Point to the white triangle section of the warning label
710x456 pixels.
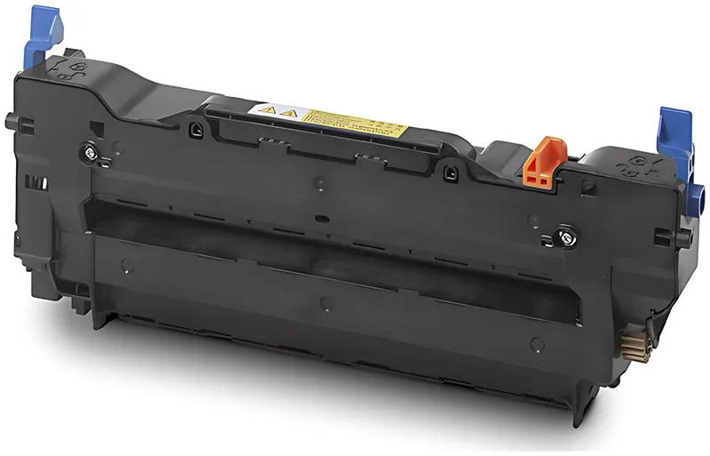(x=276, y=111)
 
